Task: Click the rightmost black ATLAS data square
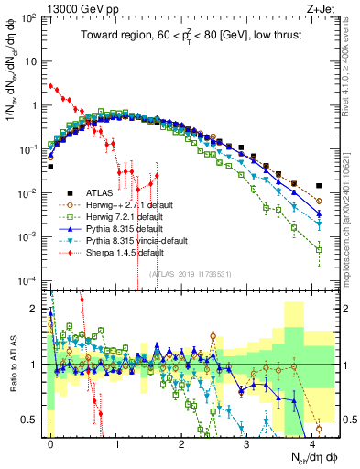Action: tap(319, 185)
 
